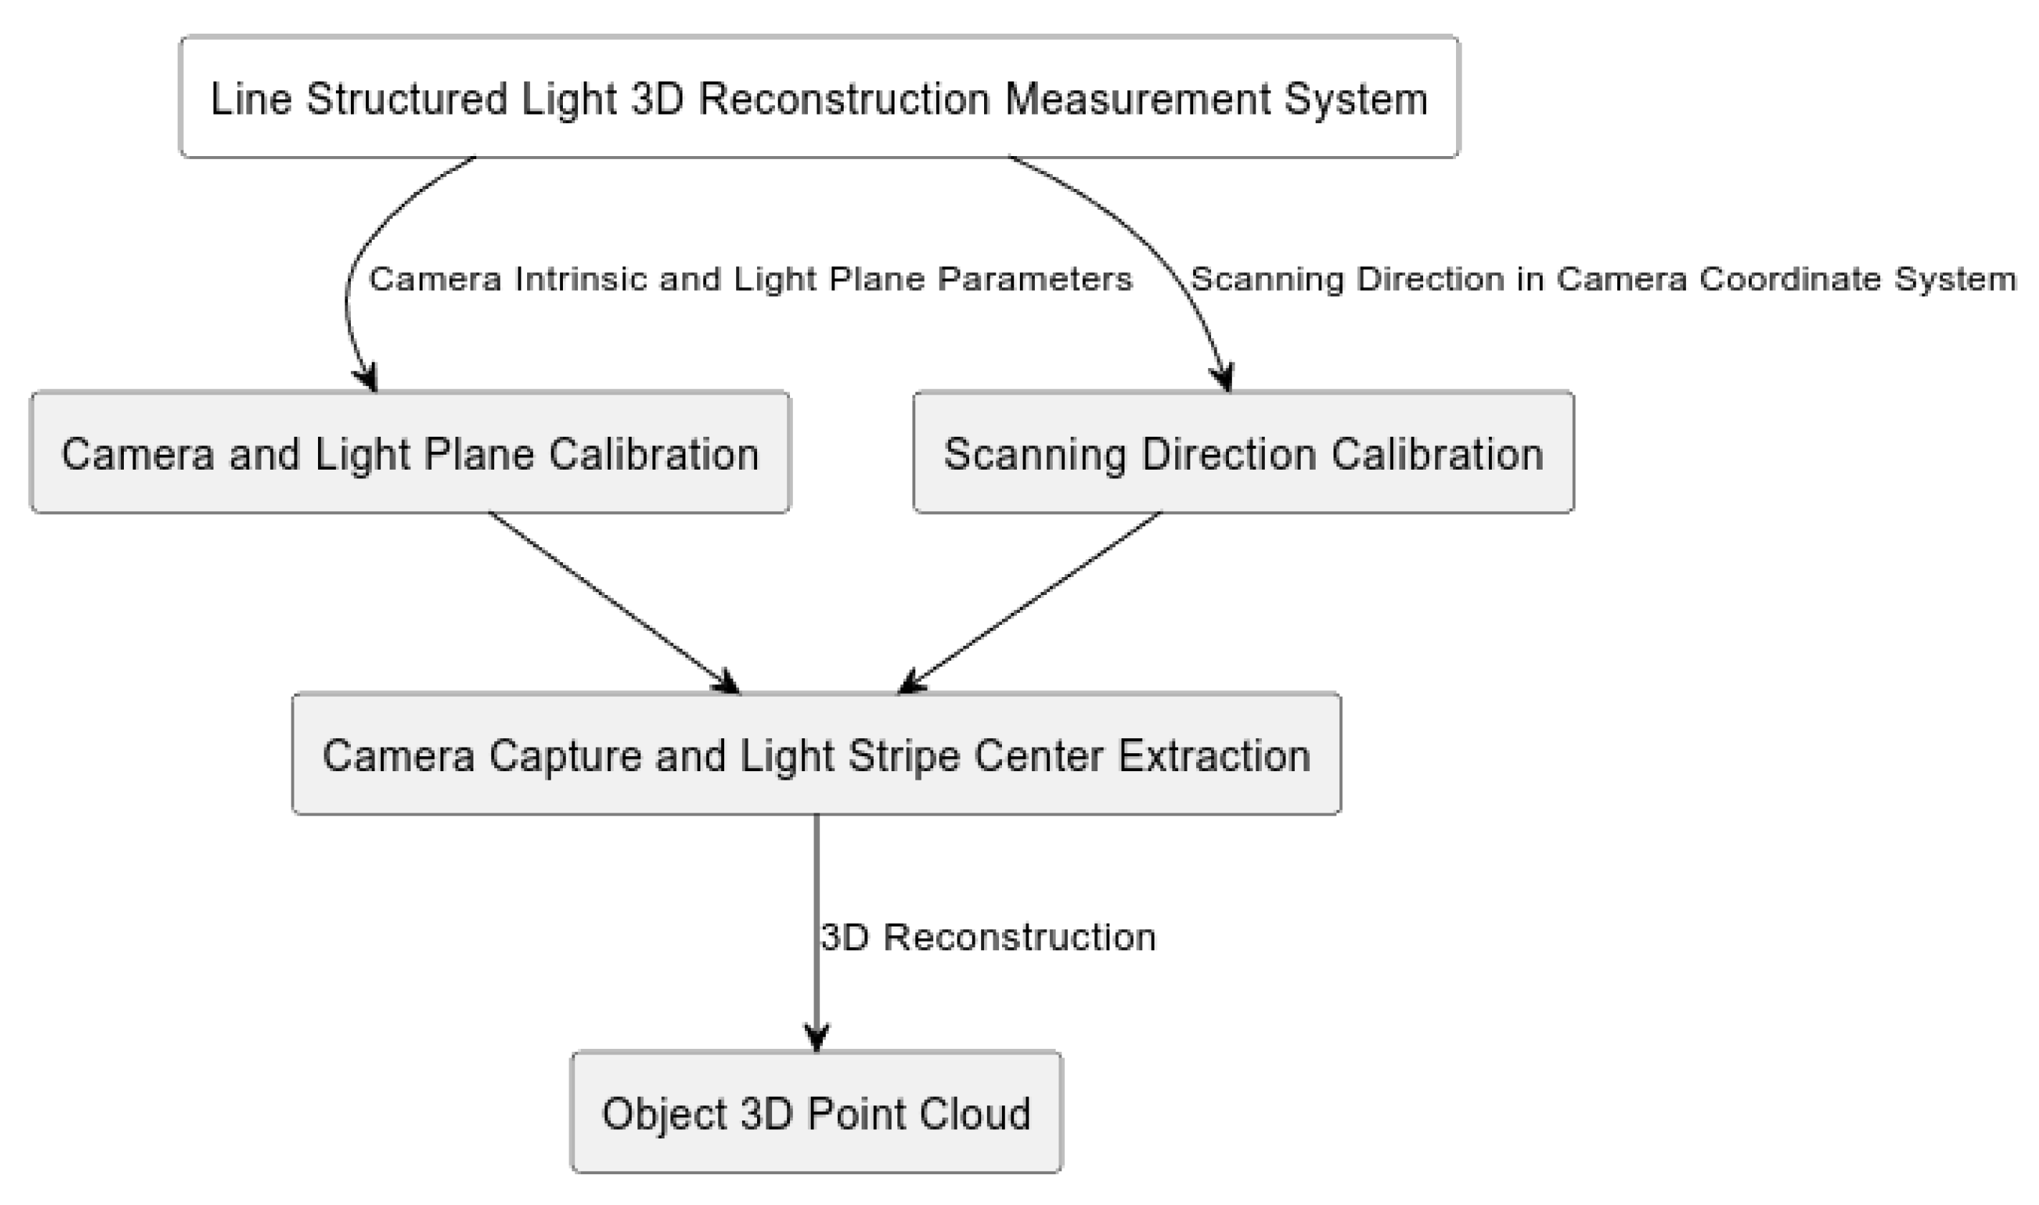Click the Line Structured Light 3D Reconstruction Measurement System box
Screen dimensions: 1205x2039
click(x=819, y=97)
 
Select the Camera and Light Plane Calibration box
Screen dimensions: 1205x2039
click(x=410, y=453)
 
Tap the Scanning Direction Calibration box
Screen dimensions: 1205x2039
click(x=1243, y=453)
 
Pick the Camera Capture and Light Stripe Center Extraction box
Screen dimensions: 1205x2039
click(x=816, y=755)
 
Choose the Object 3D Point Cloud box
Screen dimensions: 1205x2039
click(x=816, y=1112)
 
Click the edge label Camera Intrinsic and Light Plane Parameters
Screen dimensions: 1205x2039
click(x=751, y=279)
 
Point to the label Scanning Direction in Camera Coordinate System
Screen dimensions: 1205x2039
click(x=1603, y=279)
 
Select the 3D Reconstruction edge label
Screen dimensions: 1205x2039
click(x=988, y=937)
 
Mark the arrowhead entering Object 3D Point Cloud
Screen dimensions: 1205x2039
click(x=816, y=1037)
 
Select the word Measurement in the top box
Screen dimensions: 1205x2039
click(x=1137, y=98)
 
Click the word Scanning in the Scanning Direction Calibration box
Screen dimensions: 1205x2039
click(x=1034, y=454)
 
